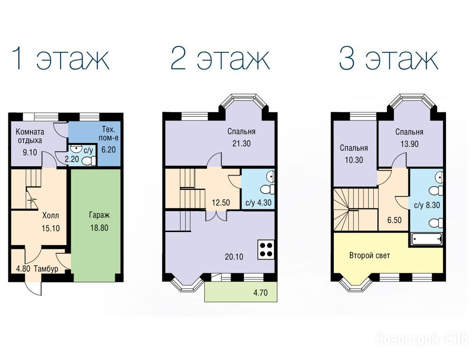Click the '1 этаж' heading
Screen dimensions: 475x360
pyautogui.click(x=60, y=59)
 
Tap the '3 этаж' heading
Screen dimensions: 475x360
pyautogui.click(x=388, y=59)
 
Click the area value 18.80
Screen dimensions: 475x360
pyautogui.click(x=99, y=228)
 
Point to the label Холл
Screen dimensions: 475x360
pyautogui.click(x=51, y=216)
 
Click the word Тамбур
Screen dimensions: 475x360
pyautogui.click(x=46, y=269)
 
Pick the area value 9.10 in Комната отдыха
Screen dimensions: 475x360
pyautogui.click(x=30, y=152)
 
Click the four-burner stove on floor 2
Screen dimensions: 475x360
pyautogui.click(x=266, y=249)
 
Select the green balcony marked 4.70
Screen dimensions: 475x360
pyautogui.click(x=241, y=292)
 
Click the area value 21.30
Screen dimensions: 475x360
pyautogui.click(x=241, y=143)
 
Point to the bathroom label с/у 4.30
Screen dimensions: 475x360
pyautogui.click(x=258, y=202)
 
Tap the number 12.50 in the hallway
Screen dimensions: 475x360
pyautogui.click(x=220, y=202)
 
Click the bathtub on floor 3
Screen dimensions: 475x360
pyautogui.click(x=427, y=240)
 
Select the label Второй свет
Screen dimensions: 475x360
pyautogui.click(x=369, y=255)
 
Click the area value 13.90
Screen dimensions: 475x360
pyautogui.click(x=409, y=144)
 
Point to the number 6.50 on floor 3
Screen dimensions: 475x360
pyautogui.click(x=394, y=220)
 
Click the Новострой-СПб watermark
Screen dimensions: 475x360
pyautogui.click(x=422, y=338)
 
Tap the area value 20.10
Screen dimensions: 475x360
pyautogui.click(x=234, y=257)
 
